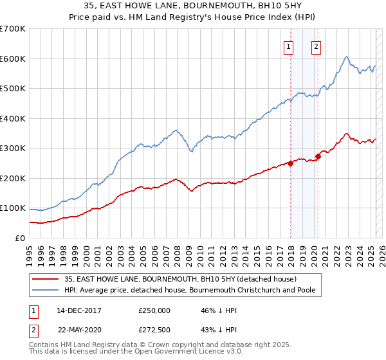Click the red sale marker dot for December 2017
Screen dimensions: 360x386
click(290, 163)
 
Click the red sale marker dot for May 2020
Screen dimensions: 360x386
click(318, 156)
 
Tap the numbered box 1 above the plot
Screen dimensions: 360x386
click(288, 46)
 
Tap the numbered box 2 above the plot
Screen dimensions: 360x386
click(317, 46)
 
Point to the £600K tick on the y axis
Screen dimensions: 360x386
click(13, 59)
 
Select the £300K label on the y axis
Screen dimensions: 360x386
click(13, 148)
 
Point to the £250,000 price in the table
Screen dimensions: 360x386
click(154, 310)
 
